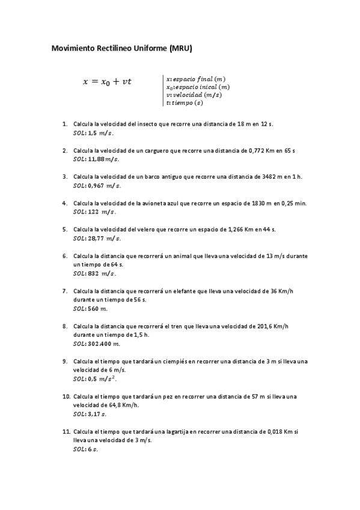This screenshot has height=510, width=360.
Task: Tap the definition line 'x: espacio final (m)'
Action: tap(196, 79)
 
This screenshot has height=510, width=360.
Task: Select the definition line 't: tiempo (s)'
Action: tap(185, 102)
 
